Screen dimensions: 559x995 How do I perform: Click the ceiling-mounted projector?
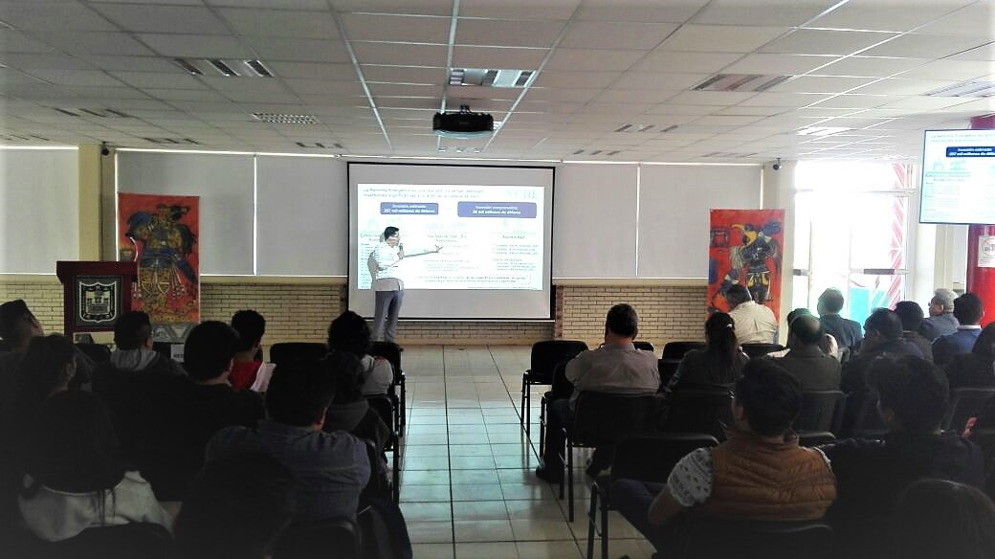tap(463, 123)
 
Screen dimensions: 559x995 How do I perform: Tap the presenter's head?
tap(390, 235)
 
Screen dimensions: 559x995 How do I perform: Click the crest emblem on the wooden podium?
tap(98, 300)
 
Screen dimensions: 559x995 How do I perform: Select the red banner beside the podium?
tap(159, 257)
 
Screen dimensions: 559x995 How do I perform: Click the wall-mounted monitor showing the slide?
tap(957, 176)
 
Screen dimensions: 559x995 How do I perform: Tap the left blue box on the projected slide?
tap(409, 208)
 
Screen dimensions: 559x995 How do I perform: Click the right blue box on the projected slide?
tap(497, 209)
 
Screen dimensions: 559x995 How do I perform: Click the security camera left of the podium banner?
tap(104, 149)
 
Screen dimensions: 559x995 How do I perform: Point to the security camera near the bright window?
tap(777, 164)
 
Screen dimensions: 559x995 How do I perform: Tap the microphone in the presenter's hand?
tap(399, 250)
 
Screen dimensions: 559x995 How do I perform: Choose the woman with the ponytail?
tap(717, 349)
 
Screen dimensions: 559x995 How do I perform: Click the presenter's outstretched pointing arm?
tap(422, 253)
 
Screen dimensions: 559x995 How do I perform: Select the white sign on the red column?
tap(985, 251)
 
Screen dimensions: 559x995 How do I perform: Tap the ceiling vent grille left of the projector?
tap(284, 119)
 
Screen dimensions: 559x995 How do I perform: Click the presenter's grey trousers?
tap(387, 314)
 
